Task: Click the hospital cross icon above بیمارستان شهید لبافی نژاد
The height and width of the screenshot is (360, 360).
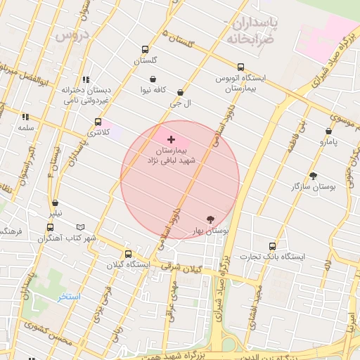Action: point(171,140)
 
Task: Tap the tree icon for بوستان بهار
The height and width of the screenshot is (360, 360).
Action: point(211,219)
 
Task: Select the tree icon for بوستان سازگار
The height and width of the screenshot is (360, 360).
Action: point(313,176)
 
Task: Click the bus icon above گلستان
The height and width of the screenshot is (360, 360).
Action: point(145,49)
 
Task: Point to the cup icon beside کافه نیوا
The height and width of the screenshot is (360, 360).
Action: point(153,79)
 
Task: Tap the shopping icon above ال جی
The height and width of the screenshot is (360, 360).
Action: point(181,92)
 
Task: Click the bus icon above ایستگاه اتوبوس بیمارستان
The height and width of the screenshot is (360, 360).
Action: point(240,67)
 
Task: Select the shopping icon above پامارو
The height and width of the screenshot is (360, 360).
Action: point(328,131)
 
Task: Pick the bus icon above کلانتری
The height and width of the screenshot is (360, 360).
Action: point(97,122)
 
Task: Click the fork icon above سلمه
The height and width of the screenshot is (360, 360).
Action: point(25,117)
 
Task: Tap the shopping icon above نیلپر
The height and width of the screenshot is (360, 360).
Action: point(54,203)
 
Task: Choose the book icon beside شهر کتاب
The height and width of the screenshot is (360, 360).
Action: point(80,228)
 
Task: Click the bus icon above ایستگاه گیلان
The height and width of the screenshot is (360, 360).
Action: point(128,254)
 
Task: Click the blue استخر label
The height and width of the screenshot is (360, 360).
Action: point(70,297)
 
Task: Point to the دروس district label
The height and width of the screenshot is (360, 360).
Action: point(72,34)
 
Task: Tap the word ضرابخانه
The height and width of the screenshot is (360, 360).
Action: point(248,38)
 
